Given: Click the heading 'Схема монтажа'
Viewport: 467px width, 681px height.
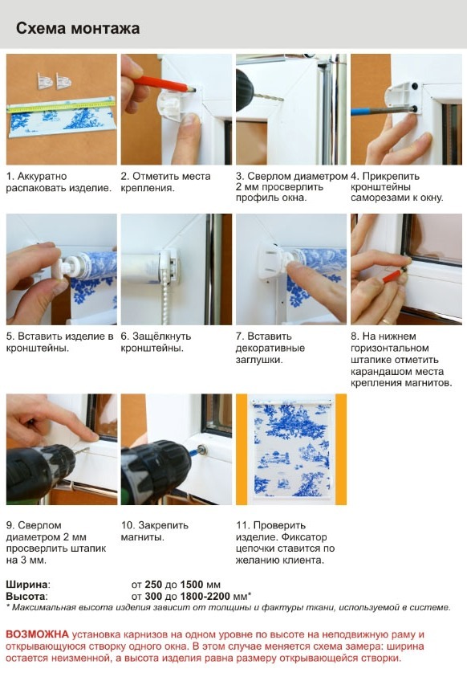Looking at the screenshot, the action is (78, 28).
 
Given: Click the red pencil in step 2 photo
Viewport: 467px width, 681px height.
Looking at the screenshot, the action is (164, 84).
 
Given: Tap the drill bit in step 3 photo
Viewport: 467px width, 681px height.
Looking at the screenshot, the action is (269, 97).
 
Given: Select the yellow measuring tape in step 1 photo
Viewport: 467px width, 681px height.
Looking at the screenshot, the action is (62, 106).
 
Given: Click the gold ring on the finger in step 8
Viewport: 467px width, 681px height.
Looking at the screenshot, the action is (385, 321).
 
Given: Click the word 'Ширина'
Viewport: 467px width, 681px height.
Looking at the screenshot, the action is (27, 584).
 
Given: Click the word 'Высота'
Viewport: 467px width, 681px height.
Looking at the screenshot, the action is (26, 596).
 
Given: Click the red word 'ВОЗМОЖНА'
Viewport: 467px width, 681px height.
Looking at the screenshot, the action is (38, 634).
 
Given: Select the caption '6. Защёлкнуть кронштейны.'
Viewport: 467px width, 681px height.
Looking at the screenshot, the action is (156, 342).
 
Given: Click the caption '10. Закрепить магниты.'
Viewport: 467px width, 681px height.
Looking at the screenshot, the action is (155, 531).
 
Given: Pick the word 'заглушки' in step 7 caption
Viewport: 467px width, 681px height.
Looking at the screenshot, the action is (259, 360).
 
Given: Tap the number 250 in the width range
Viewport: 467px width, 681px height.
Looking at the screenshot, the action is (153, 584).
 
